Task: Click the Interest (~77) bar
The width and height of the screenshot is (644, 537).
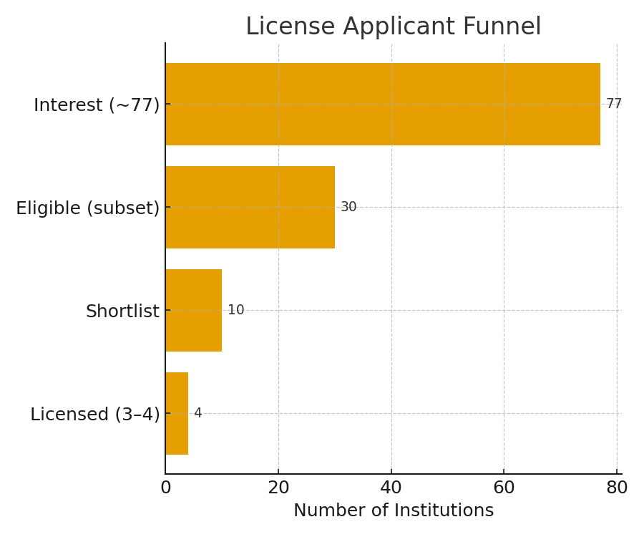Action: [x=383, y=104]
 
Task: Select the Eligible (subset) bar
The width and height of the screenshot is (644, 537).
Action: [x=250, y=207]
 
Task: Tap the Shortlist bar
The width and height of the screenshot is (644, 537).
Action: [x=194, y=310]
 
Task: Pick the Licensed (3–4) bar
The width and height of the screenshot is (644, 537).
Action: [x=177, y=413]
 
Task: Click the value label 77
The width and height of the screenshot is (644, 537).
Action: [x=614, y=104]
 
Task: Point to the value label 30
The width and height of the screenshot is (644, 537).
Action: [x=348, y=207]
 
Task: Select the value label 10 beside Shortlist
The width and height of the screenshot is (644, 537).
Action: [x=235, y=310]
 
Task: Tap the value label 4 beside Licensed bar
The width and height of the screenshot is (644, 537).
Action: [x=198, y=413]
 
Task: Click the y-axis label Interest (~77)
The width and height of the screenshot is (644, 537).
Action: [x=97, y=105]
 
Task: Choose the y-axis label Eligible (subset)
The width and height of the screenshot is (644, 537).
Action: [x=87, y=208]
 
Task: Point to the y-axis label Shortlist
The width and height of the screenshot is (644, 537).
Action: [x=122, y=311]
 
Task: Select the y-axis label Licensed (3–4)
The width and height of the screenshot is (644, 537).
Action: [x=95, y=414]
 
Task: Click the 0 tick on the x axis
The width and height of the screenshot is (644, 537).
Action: [x=166, y=488]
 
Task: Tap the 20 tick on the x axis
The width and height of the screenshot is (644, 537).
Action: [x=278, y=488]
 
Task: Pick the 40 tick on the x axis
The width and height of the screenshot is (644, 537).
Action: [x=391, y=488]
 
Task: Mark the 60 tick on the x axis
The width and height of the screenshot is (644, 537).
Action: [x=504, y=488]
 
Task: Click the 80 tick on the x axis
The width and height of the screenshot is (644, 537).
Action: [x=617, y=488]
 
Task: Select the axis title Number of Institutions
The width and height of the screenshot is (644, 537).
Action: [x=394, y=511]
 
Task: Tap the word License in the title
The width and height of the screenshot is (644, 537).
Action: [x=291, y=26]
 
